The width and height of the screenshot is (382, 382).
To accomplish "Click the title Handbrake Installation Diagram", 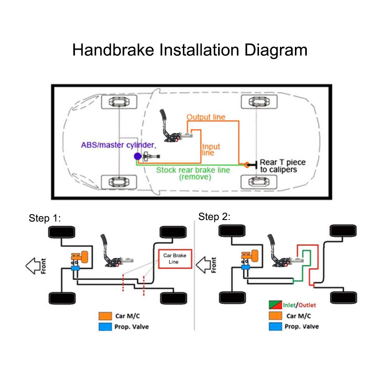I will [x=190, y=50].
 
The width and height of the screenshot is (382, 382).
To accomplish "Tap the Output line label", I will [x=206, y=117].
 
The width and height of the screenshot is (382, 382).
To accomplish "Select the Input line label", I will [x=211, y=149].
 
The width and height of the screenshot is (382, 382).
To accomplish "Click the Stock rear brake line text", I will [x=193, y=170].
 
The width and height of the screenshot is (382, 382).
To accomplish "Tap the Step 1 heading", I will [x=45, y=219].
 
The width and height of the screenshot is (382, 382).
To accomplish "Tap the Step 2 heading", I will [x=214, y=217].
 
